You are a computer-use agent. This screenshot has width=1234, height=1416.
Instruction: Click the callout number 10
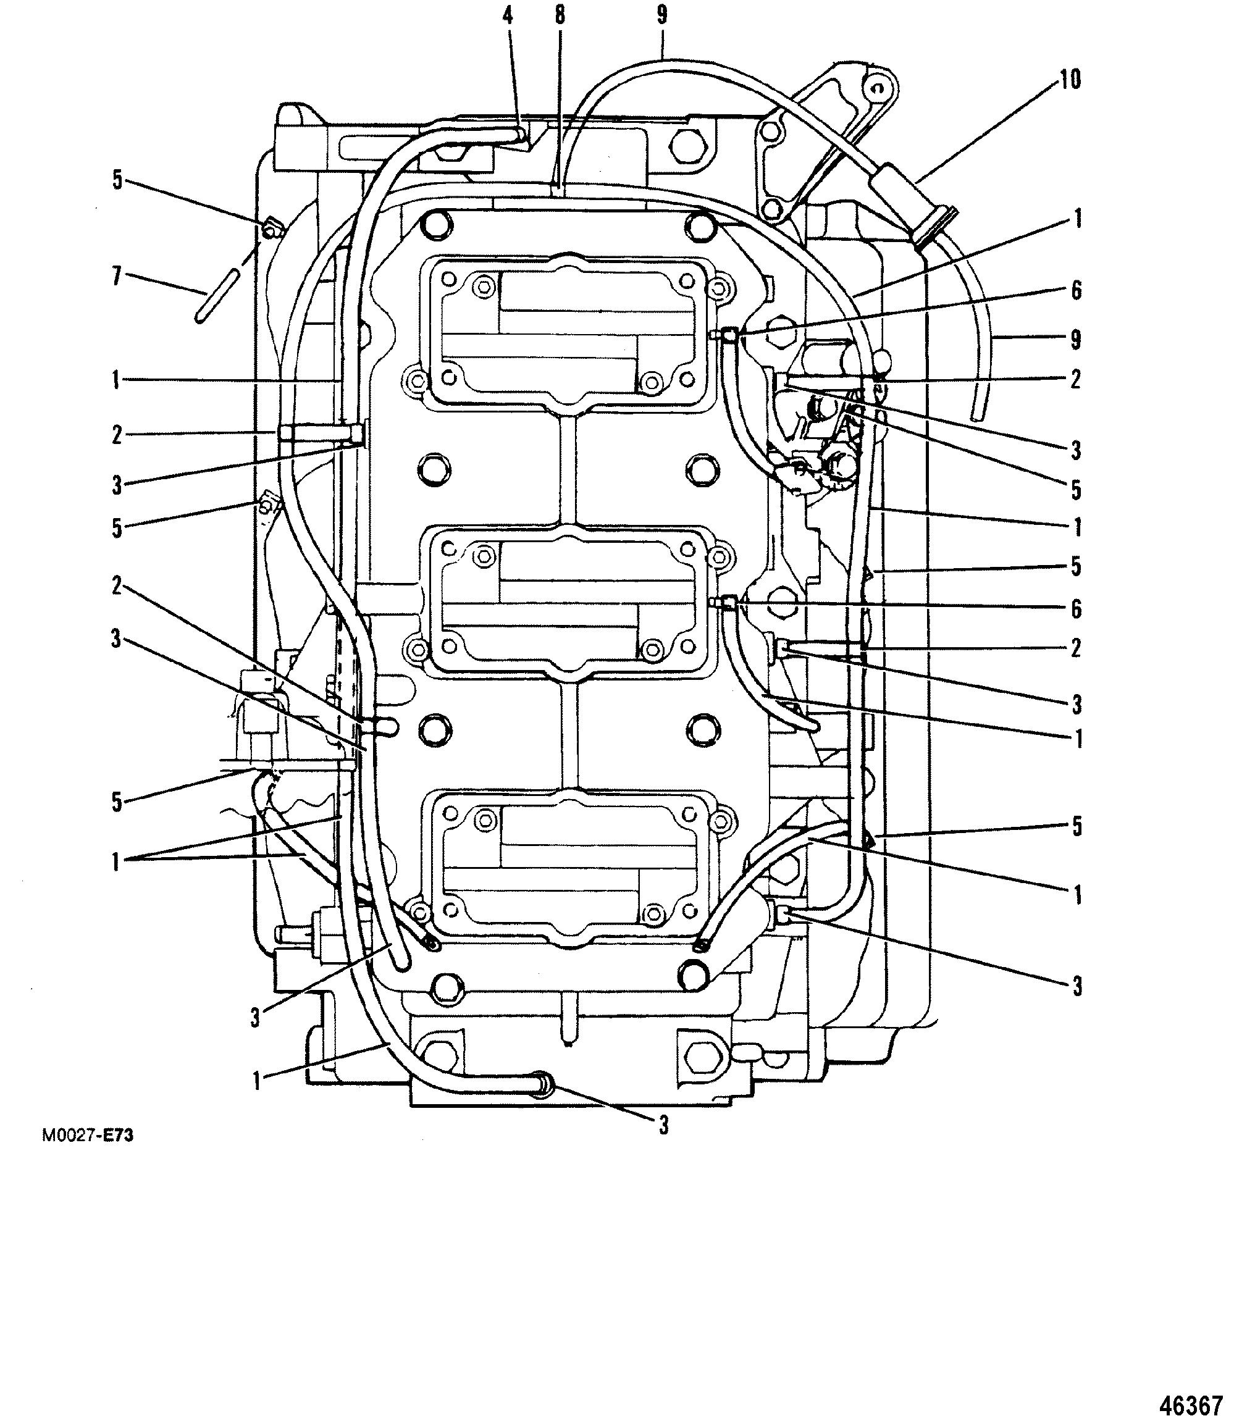click(x=1070, y=80)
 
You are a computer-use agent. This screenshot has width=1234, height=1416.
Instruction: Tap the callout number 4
click(x=508, y=16)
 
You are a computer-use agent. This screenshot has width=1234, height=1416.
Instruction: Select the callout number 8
click(x=560, y=16)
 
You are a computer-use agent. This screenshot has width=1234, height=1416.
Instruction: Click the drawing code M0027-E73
click(x=88, y=1135)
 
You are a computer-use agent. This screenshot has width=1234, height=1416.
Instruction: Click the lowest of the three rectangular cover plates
click(x=569, y=868)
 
